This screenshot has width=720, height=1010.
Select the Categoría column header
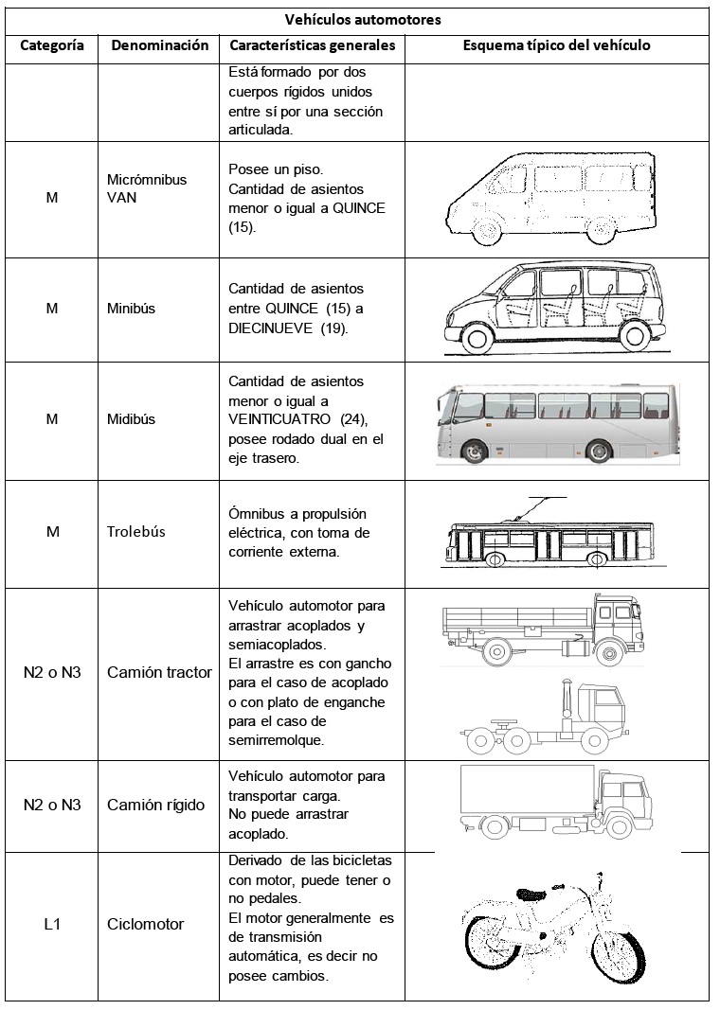(x=52, y=45)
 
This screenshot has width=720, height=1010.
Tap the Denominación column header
(x=159, y=45)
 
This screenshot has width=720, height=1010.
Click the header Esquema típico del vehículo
(x=556, y=45)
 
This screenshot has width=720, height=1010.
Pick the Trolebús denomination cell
(x=135, y=531)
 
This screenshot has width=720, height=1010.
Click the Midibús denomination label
(x=132, y=418)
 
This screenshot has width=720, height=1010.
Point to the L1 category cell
(x=52, y=924)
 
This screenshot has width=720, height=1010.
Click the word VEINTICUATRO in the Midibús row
(x=271, y=417)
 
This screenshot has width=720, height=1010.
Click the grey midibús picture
(x=557, y=422)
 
